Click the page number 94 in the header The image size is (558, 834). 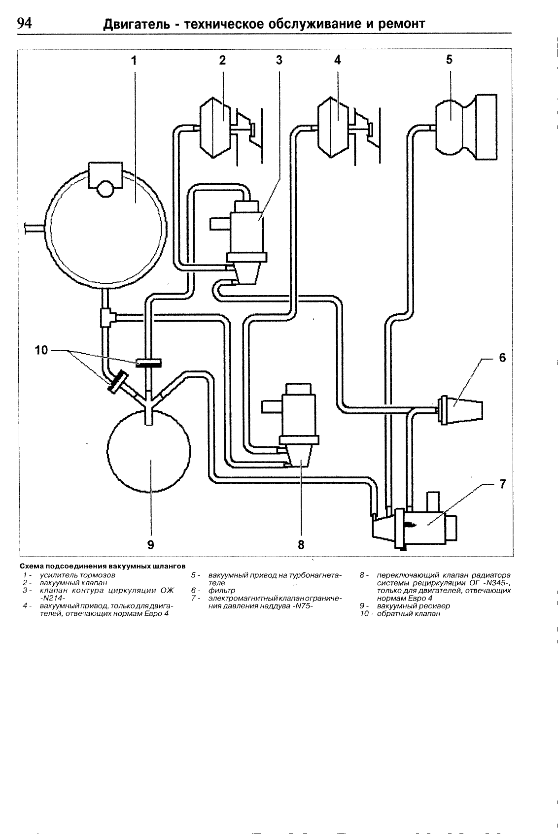(x=25, y=23)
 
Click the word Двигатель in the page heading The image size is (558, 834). (x=137, y=24)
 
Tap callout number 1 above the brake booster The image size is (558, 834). (x=134, y=60)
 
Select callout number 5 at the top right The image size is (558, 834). (x=449, y=59)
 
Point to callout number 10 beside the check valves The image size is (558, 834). (x=42, y=350)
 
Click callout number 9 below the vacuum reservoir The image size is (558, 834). (x=150, y=545)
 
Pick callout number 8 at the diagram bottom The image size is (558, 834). (x=301, y=545)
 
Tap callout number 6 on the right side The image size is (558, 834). (x=502, y=358)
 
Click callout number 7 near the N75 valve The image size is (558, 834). (x=503, y=484)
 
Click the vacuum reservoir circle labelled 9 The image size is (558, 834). (x=149, y=451)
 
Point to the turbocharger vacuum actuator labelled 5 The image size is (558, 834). (x=466, y=127)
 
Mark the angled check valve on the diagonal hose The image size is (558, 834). (x=117, y=381)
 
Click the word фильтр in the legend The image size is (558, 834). (x=222, y=590)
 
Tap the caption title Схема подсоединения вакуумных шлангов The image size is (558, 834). (x=103, y=567)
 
